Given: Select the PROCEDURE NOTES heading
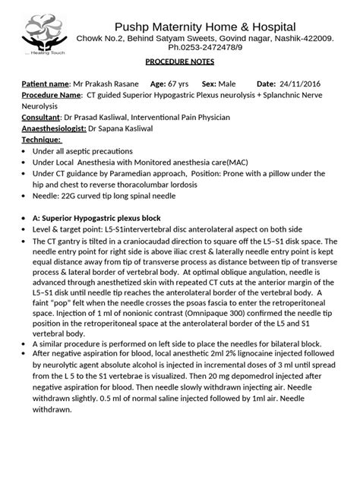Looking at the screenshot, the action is (x=179, y=65).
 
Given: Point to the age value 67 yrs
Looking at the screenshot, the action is (x=179, y=84).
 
